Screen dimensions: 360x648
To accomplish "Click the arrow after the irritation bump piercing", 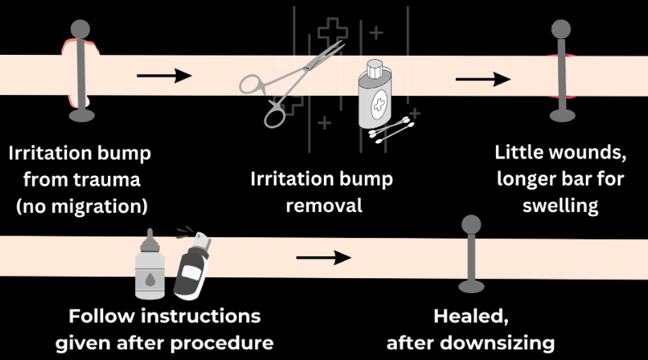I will [163, 76].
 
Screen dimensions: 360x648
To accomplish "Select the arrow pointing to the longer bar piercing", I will [483, 79].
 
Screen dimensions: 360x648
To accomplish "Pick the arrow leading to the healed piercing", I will [323, 258].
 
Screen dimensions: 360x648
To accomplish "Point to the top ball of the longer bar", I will [560, 28].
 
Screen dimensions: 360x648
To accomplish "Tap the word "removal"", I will [324, 205].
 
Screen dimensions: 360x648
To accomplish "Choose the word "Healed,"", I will [470, 317].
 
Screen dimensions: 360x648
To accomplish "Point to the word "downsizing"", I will [505, 342].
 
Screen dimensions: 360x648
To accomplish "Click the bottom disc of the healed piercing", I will [470, 286].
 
